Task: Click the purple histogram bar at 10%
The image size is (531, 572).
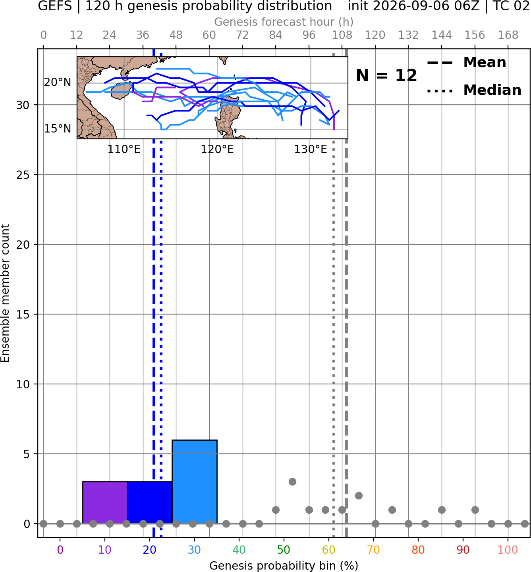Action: pos(105,503)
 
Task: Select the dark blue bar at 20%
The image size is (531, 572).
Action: pos(150,503)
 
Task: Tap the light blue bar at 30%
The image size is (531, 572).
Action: pos(195,482)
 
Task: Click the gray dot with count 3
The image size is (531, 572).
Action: pos(292,482)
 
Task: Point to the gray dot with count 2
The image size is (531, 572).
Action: pos(359,496)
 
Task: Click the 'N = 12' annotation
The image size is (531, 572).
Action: pos(386,75)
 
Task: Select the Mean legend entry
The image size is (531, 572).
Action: pos(466,63)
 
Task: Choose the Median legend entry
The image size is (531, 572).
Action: pos(474,90)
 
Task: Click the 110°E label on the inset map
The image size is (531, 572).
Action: pos(124,150)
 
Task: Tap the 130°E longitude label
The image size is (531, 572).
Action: pos(311,150)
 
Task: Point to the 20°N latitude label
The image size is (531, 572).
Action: pos(58,83)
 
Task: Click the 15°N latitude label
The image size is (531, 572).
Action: pos(58,129)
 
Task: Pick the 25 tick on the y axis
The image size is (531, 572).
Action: pos(23,175)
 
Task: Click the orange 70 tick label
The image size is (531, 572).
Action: pos(373,550)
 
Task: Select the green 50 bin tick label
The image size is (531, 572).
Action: pos(284,550)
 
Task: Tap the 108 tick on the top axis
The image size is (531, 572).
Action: pos(342,35)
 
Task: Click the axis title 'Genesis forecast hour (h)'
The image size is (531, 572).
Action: pos(284,22)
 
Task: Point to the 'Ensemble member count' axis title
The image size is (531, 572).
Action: pos(5,293)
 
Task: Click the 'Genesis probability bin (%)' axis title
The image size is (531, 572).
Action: pos(284,566)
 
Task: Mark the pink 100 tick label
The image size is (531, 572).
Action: pos(508,550)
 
